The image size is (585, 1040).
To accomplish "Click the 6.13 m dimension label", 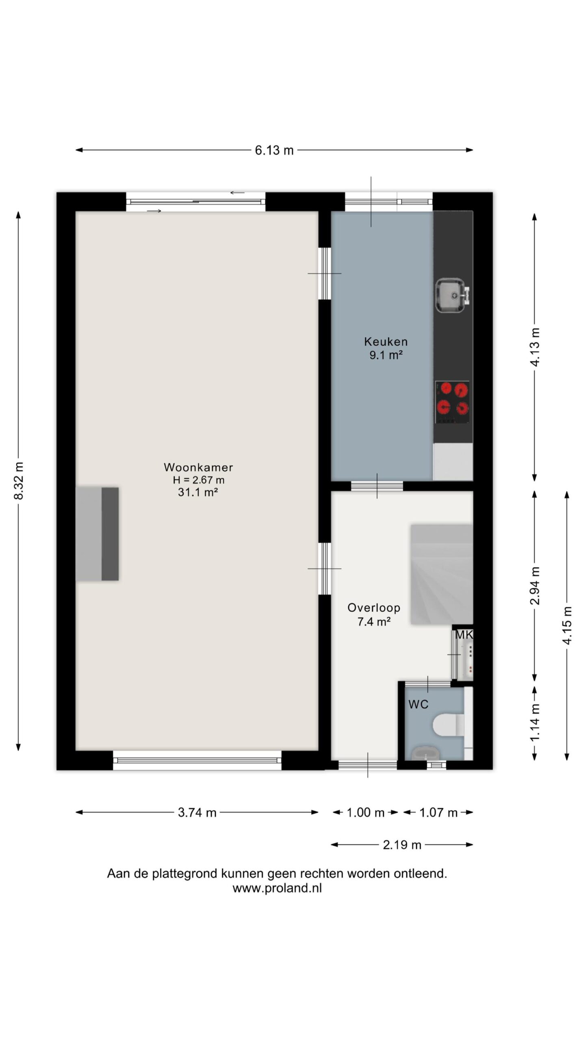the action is (x=274, y=150).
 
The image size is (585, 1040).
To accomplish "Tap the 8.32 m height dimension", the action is (x=19, y=481).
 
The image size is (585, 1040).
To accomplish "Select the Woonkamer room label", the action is (x=198, y=467).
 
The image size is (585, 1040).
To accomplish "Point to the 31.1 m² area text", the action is (x=198, y=492).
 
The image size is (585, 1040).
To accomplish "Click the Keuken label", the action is (x=386, y=342).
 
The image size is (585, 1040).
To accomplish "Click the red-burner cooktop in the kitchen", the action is (x=453, y=402).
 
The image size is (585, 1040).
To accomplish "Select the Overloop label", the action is (x=374, y=608).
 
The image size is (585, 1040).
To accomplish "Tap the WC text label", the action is (x=418, y=704).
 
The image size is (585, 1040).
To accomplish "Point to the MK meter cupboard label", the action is (x=464, y=635).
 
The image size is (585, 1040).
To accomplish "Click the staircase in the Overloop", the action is (x=442, y=574).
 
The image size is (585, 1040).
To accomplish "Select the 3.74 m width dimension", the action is (x=197, y=812).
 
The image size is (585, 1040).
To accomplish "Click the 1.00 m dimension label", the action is (x=365, y=812).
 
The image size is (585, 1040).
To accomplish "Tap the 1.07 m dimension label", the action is (x=438, y=812).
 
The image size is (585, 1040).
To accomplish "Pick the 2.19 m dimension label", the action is (x=402, y=845).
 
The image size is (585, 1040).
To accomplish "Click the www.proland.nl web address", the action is (x=277, y=888).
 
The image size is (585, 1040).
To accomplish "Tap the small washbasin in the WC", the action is (x=425, y=754).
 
